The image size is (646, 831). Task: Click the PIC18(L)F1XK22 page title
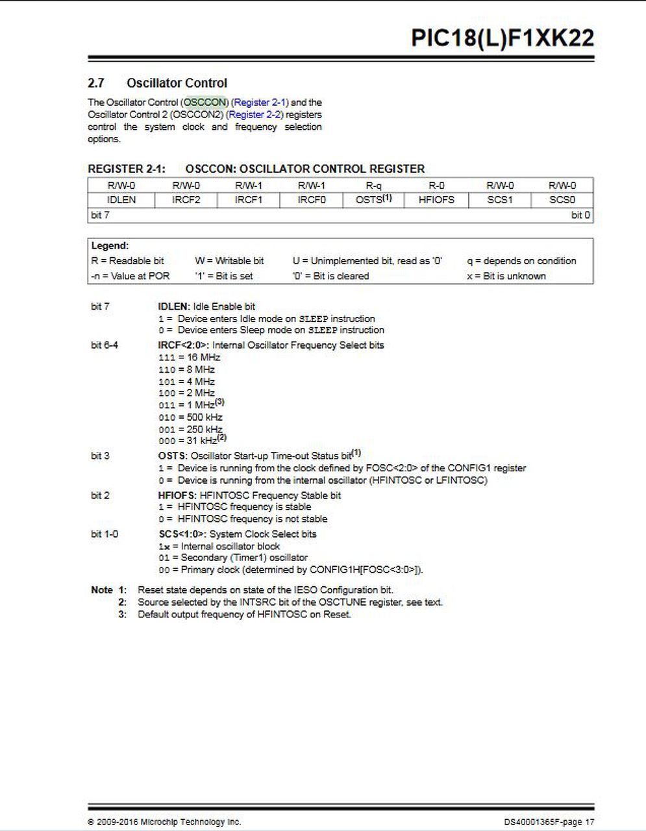502,38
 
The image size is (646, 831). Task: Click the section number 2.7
96,83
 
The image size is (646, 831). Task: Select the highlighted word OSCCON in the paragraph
205,103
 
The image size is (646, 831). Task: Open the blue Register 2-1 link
260,103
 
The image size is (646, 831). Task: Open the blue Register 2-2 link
255,115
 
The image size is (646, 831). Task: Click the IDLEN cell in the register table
121,200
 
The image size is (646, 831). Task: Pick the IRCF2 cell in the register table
185,200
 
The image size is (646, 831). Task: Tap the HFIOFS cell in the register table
436,200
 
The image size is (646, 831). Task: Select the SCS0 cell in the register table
562,200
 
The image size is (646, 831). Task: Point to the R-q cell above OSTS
373,186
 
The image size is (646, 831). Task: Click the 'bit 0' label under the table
580,216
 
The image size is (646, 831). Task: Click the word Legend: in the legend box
110,246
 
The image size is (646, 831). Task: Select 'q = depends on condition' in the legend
521,261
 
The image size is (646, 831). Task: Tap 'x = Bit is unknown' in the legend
506,276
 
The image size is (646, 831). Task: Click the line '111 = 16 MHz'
189,358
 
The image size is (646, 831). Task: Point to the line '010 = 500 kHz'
190,417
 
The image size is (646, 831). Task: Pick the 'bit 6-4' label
105,345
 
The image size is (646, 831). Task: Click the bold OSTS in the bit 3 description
172,456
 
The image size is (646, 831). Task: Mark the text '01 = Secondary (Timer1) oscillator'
233,558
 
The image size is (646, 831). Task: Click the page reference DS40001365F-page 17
549,822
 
